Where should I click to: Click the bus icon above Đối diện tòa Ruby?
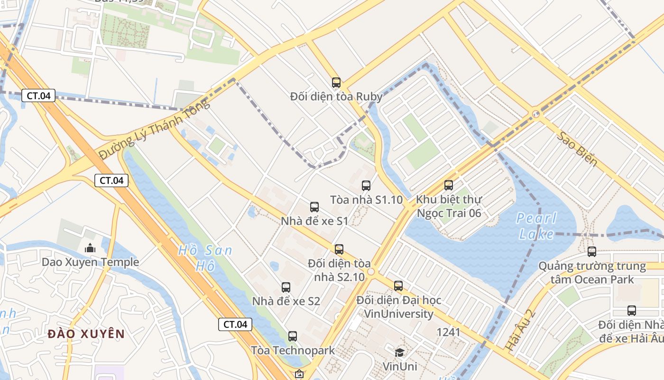[x=336, y=83]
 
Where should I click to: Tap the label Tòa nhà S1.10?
[x=366, y=199]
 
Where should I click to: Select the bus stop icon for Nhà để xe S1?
[x=314, y=207]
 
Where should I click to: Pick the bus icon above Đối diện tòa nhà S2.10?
[x=339, y=249]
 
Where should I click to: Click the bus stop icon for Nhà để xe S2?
[x=286, y=287]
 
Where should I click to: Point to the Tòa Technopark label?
[x=293, y=351]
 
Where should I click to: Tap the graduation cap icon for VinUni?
[x=400, y=352]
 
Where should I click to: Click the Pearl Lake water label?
[x=536, y=226]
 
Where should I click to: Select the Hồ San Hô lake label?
[x=205, y=258]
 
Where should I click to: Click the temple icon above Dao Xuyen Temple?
[x=90, y=248]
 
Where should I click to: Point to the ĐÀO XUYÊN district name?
[x=86, y=334]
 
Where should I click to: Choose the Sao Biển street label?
[x=577, y=148]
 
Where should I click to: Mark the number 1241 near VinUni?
[x=448, y=332]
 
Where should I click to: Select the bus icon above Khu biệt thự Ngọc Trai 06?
[x=449, y=185]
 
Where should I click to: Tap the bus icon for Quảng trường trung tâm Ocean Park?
[x=592, y=252]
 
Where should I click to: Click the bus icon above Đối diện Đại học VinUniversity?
[x=398, y=286]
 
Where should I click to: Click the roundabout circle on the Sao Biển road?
[x=536, y=114]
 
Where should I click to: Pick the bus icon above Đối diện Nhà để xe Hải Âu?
[x=632, y=311]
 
